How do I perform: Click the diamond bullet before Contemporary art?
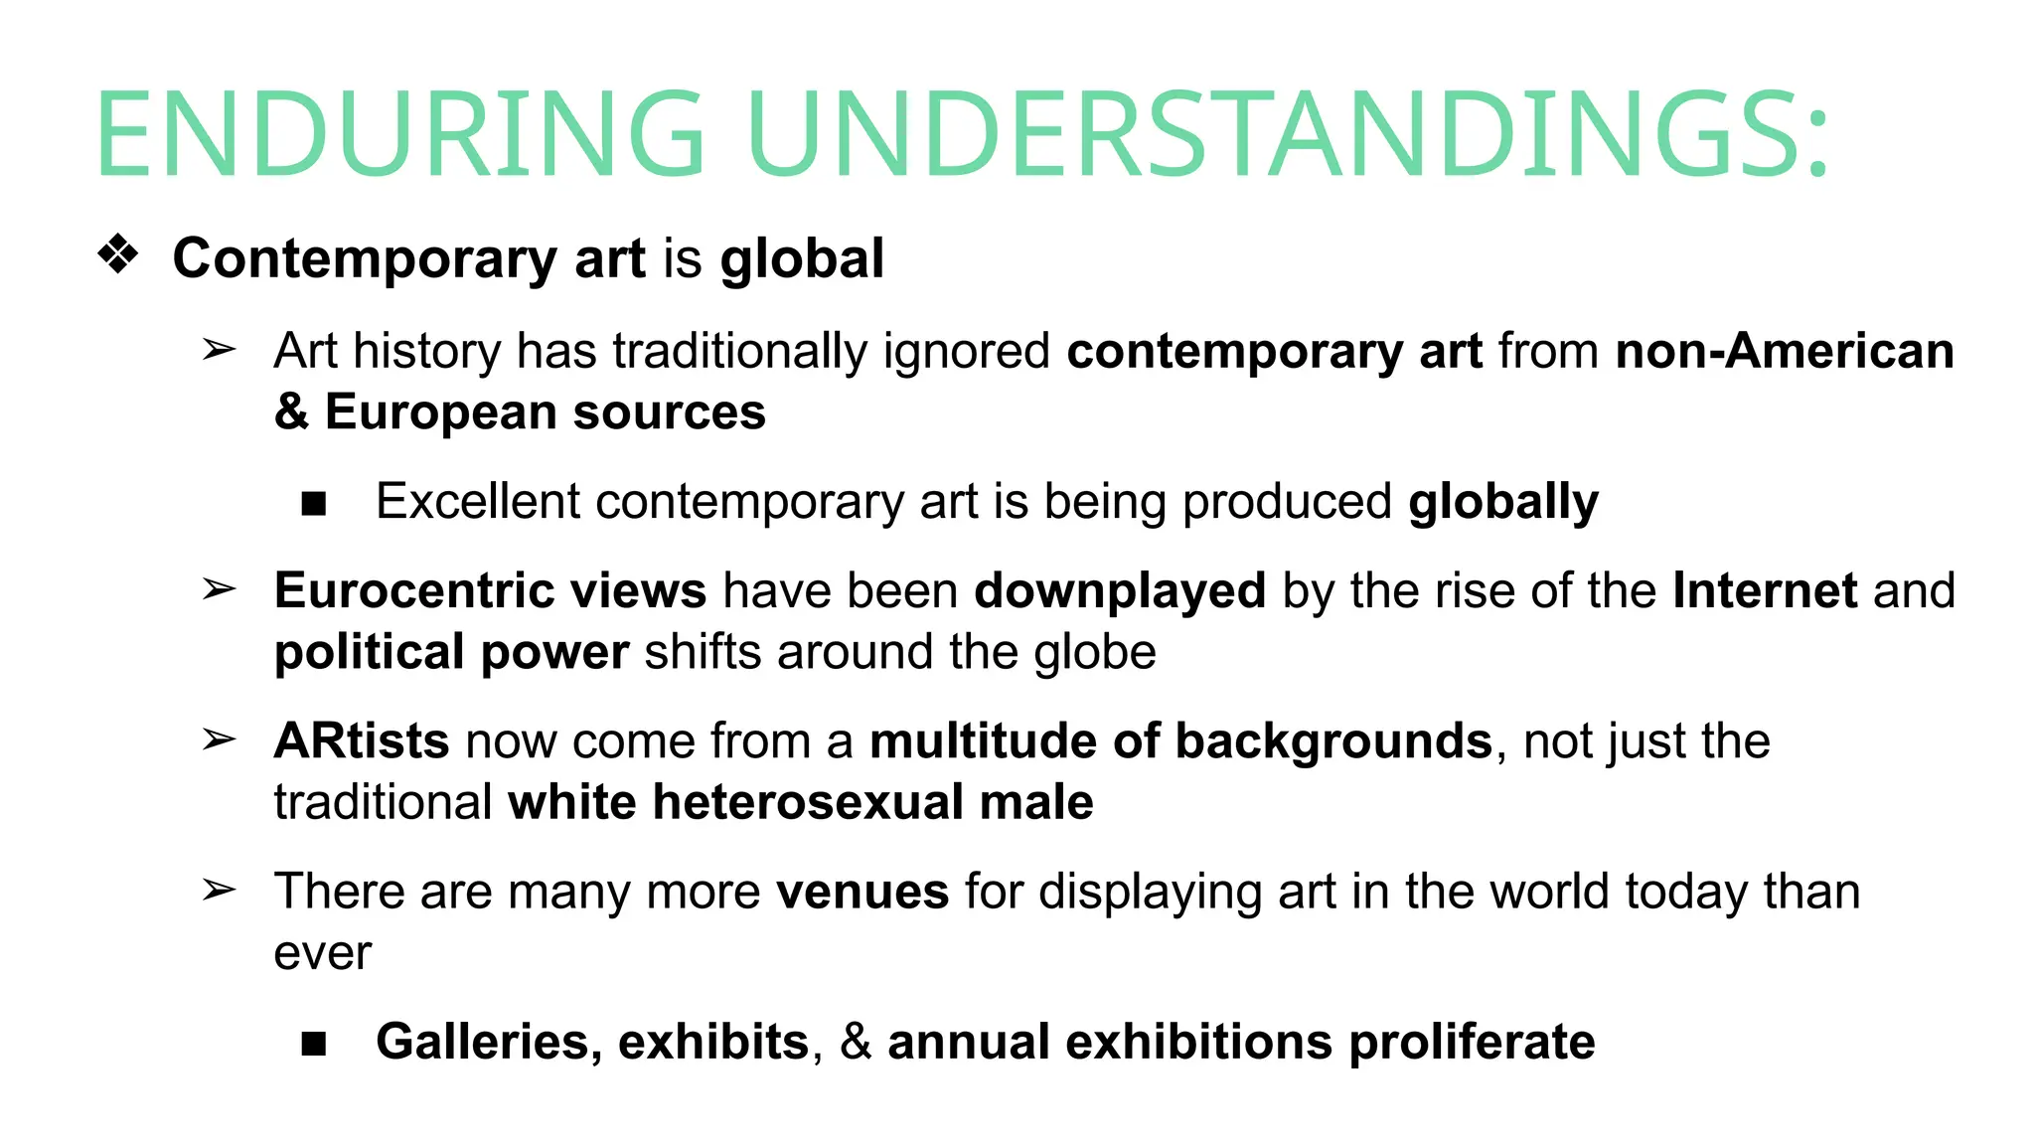pyautogui.click(x=118, y=254)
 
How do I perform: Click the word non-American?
pyautogui.click(x=1785, y=351)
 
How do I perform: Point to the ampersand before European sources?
pyautogui.click(x=291, y=411)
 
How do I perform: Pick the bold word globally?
pyautogui.click(x=1503, y=501)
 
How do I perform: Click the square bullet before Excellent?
pyautogui.click(x=314, y=504)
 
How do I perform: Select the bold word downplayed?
pyautogui.click(x=1120, y=590)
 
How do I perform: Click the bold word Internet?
pyautogui.click(x=1765, y=590)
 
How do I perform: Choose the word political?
pyautogui.click(x=369, y=652)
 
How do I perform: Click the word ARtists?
pyautogui.click(x=362, y=741)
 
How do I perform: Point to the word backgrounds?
pyautogui.click(x=1333, y=741)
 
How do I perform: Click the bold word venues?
pyautogui.click(x=862, y=892)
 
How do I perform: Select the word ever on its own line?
pyautogui.click(x=322, y=953)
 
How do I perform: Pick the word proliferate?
pyautogui.click(x=1472, y=1042)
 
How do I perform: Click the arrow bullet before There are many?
pyautogui.click(x=219, y=890)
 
